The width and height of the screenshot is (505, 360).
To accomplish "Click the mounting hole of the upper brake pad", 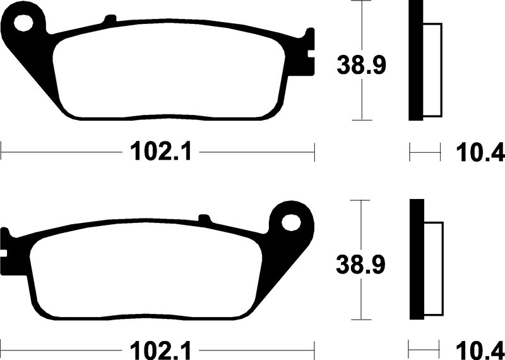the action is click(23, 23).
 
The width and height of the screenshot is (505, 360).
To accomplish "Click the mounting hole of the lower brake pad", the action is click(291, 222).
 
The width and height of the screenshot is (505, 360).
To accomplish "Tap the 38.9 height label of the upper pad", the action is click(361, 65).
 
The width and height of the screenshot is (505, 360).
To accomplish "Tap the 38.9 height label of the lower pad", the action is click(360, 264).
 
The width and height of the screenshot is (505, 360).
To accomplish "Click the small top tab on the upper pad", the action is click(110, 19).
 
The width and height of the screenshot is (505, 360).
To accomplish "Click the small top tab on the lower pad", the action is click(204, 218).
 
